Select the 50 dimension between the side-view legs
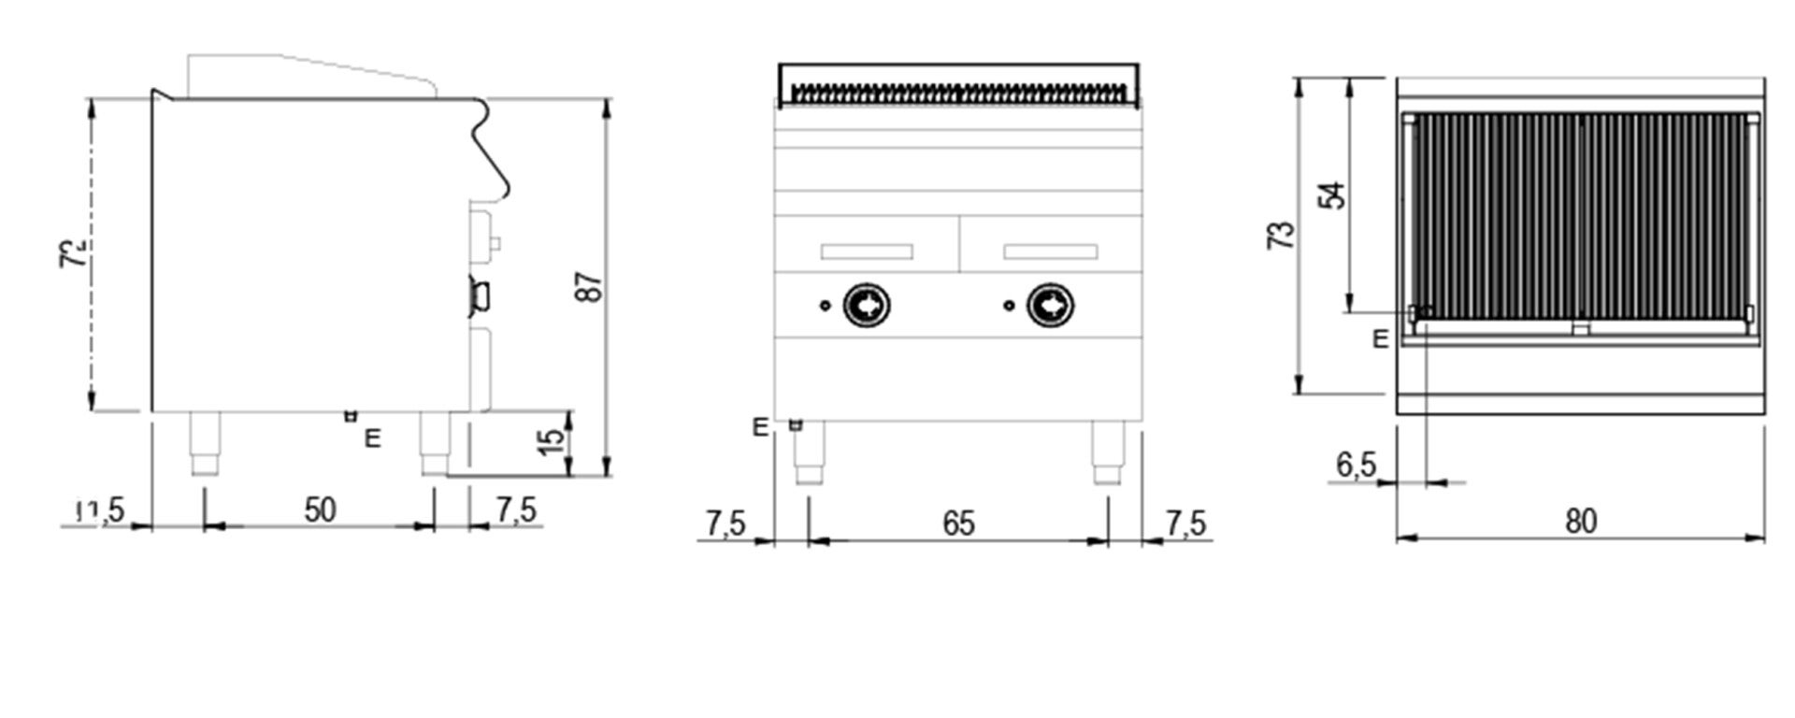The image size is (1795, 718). pyautogui.click(x=320, y=510)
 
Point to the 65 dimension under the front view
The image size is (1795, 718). pyautogui.click(x=958, y=524)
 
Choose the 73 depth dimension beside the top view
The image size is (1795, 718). pyautogui.click(x=1285, y=234)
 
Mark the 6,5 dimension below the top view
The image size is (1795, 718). pyautogui.click(x=1356, y=465)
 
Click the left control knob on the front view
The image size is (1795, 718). pyautogui.click(x=867, y=305)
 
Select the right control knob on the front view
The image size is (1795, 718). pyautogui.click(x=1051, y=305)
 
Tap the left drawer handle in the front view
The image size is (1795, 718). pyautogui.click(x=867, y=251)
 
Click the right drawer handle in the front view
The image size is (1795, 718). pyautogui.click(x=1051, y=251)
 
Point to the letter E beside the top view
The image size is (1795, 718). pyautogui.click(x=1381, y=339)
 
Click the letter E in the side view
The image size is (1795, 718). pyautogui.click(x=373, y=438)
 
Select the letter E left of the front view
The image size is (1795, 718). pyautogui.click(x=761, y=428)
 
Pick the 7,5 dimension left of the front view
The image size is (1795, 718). pyautogui.click(x=725, y=524)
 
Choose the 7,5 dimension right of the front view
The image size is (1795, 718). pyautogui.click(x=1185, y=524)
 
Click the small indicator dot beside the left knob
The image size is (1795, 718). pyautogui.click(x=824, y=305)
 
